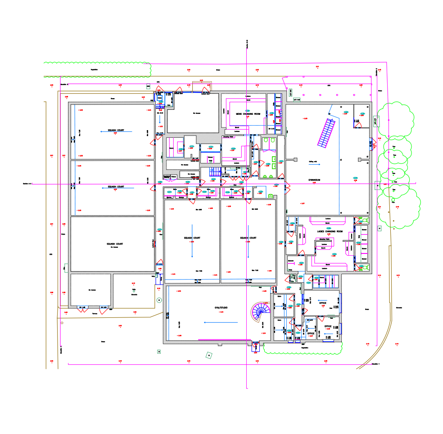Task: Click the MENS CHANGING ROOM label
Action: coord(248,114)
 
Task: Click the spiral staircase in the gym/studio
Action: coord(260,311)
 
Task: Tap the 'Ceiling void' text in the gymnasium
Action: coord(313,161)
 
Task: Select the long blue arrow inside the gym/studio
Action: coord(221,322)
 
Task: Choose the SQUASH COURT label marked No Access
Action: coord(115,244)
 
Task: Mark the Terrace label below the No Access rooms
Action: coord(95,313)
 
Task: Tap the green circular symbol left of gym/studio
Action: coord(158,300)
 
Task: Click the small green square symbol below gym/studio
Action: coord(208,355)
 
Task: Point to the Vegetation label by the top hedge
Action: coord(94,70)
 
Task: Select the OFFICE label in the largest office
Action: coord(322,303)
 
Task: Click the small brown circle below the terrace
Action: coord(62,323)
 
